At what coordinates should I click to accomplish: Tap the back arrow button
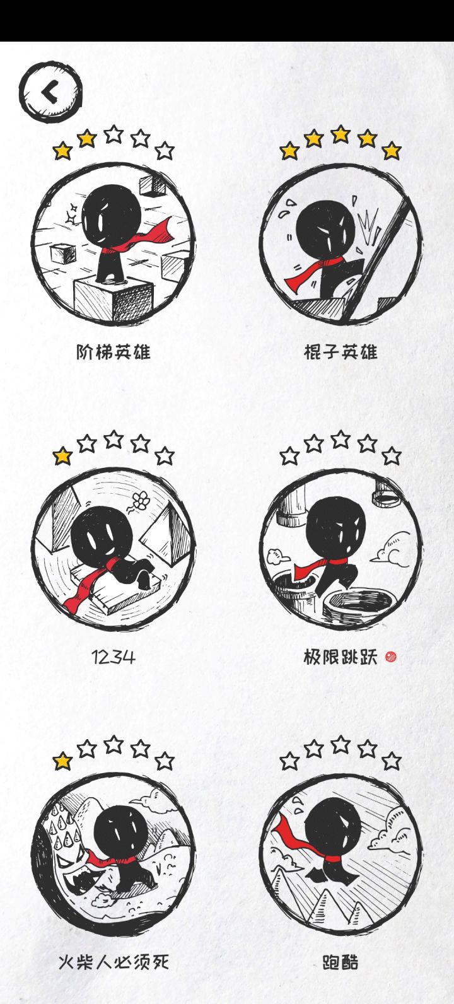[x=50, y=93]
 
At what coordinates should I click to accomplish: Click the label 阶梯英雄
[x=113, y=352]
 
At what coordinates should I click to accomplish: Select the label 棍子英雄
[x=340, y=352]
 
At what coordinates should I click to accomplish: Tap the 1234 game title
[x=113, y=658]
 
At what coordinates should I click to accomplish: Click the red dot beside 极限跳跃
[x=391, y=657]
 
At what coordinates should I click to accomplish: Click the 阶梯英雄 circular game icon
[x=113, y=244]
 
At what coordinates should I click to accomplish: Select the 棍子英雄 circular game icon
[x=340, y=244]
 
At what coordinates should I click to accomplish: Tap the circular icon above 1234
[x=113, y=549]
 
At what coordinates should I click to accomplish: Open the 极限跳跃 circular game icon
[x=340, y=549]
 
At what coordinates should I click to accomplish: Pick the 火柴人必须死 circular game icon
[x=113, y=855]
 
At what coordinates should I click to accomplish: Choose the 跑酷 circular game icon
[x=340, y=855]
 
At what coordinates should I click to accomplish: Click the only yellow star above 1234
[x=62, y=457]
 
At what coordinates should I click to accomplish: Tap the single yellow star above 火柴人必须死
[x=62, y=761]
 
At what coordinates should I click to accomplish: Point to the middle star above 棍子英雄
[x=340, y=134]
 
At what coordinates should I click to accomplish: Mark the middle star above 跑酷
[x=340, y=744]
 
